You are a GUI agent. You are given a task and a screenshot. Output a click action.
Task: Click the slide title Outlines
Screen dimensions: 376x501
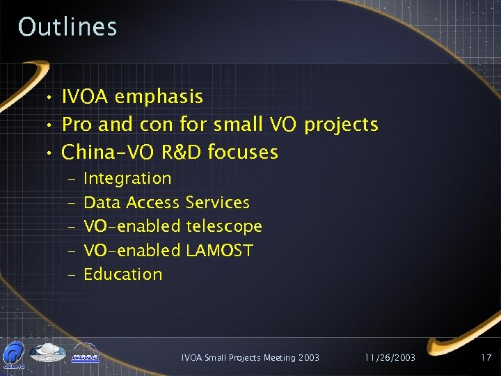click(67, 27)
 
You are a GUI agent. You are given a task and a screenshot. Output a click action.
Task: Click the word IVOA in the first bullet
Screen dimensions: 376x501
click(86, 97)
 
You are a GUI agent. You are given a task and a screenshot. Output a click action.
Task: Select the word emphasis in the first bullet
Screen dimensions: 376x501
click(159, 97)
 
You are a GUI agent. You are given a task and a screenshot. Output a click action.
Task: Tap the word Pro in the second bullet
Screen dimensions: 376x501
click(77, 125)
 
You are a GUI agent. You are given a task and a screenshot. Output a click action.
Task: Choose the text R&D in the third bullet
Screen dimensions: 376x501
click(181, 152)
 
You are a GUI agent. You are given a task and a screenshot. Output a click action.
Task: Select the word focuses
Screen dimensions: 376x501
click(244, 152)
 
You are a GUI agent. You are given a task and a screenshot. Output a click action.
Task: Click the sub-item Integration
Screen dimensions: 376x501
click(127, 179)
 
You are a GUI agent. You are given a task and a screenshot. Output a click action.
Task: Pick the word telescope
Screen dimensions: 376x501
click(224, 226)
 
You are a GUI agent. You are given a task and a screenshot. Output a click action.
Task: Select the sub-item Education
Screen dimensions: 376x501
click(123, 274)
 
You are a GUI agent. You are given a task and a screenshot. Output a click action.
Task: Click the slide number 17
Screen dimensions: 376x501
click(486, 358)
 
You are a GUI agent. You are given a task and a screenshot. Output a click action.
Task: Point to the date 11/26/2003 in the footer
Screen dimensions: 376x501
click(390, 358)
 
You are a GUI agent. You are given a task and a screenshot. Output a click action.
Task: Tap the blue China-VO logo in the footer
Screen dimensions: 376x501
click(14, 354)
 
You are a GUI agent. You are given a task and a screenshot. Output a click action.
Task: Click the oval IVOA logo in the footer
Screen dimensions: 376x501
click(48, 352)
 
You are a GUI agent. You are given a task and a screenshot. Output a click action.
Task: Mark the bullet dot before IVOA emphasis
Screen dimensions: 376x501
click(50, 97)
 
